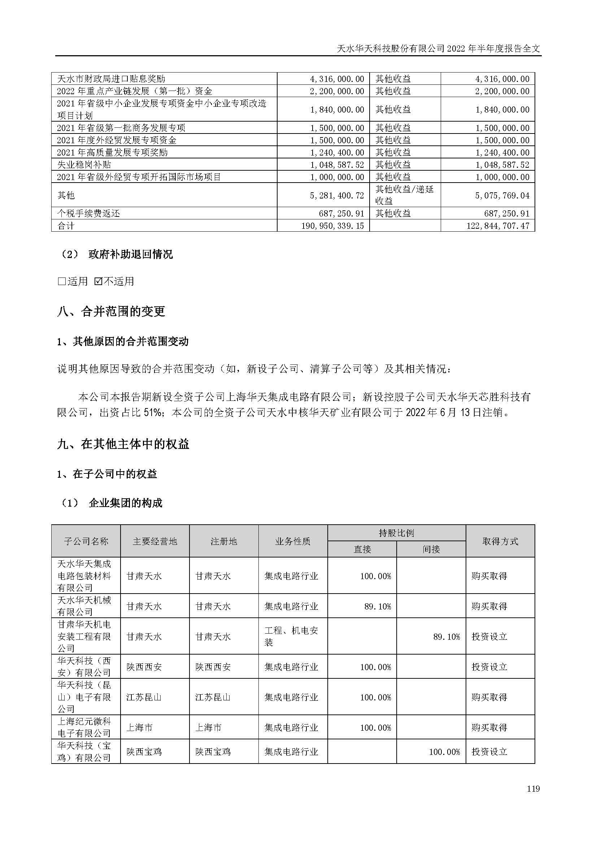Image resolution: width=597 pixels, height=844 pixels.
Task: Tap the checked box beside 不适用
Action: pos(98,281)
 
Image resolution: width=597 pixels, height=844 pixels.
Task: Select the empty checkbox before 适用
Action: pos(61,281)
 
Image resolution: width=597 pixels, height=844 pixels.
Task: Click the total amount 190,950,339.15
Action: pos(333,226)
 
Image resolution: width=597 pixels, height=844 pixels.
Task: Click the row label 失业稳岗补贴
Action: pos(84,165)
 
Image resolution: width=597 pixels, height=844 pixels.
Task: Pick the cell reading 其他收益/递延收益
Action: pos(404,195)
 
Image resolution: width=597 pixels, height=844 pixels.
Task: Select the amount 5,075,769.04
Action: pos(502,195)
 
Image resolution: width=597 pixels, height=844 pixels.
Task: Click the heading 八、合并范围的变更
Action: pos(112,312)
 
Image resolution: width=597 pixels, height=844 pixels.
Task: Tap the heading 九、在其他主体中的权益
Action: pos(123,445)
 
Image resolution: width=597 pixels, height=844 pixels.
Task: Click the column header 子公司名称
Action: pos(86,542)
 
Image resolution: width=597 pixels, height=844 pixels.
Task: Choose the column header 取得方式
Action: pos(500,542)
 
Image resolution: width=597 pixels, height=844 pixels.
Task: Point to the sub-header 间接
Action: pos(431,550)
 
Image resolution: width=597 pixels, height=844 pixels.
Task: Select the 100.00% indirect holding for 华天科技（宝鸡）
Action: pos(444,752)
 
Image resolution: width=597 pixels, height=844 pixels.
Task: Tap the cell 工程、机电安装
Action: pos(291,637)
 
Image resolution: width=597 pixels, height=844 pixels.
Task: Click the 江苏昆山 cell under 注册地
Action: pos(213,697)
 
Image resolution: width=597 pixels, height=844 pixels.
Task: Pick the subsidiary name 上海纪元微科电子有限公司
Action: pos(84,727)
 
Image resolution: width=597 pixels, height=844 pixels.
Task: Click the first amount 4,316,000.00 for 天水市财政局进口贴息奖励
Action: pos(337,79)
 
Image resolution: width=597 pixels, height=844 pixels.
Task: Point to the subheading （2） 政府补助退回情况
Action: pos(116,254)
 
